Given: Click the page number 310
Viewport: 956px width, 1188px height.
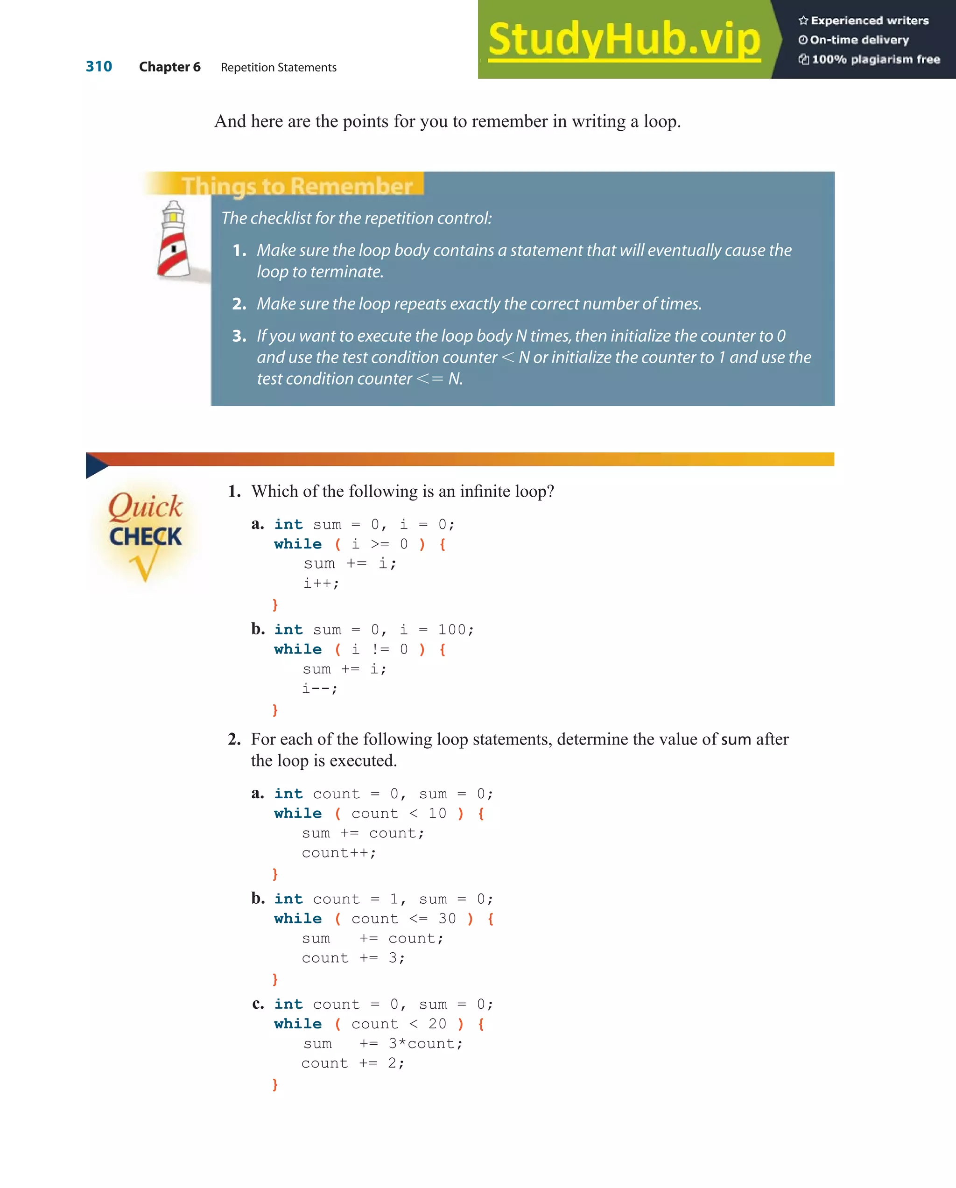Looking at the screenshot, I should coord(98,67).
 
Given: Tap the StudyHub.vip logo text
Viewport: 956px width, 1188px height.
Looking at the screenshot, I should coord(624,39).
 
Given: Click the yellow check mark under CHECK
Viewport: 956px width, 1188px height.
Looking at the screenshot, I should coord(144,567).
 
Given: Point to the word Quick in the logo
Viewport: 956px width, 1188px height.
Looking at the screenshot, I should coord(145,506).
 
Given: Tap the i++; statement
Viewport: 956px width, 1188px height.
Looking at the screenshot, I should coord(321,583).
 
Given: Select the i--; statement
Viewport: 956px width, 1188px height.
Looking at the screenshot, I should coord(320,688).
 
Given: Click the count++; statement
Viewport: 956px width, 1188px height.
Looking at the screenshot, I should coord(338,852).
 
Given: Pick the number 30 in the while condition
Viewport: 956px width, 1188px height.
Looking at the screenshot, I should coord(447,919).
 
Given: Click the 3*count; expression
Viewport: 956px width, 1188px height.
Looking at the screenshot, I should coord(425,1044).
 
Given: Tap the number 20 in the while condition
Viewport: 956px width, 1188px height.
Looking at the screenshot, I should coord(437,1024).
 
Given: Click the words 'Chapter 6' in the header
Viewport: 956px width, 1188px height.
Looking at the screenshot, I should coord(170,67).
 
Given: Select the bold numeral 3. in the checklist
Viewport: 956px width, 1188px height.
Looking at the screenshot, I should coord(239,336).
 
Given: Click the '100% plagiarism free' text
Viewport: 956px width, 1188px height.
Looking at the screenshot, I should coord(876,59).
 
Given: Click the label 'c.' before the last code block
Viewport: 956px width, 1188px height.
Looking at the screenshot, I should coord(258,1004).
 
